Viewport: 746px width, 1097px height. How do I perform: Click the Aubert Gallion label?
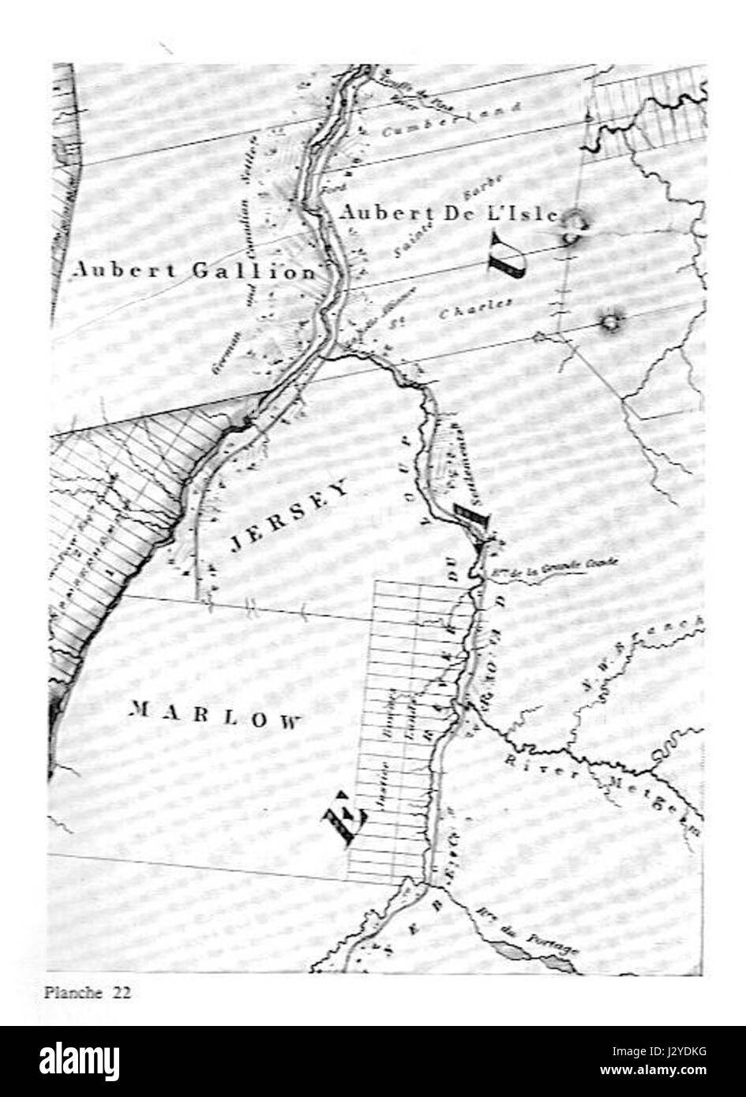point(193,271)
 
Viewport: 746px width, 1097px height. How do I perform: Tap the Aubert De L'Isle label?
point(449,213)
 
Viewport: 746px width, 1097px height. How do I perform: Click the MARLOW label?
point(215,714)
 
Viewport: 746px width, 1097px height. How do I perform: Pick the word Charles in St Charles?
point(477,309)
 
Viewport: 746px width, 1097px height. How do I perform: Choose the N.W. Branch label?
point(644,660)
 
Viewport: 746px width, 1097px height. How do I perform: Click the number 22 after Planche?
point(121,993)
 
